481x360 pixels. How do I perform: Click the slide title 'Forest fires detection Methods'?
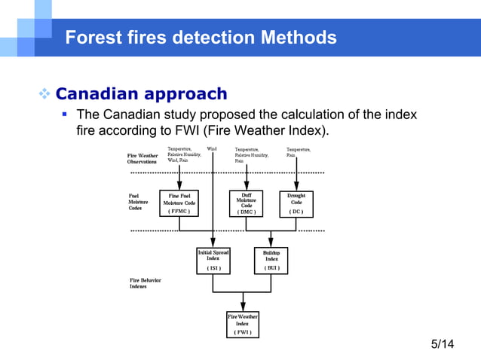[x=201, y=37]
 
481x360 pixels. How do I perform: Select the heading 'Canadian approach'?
[x=141, y=94]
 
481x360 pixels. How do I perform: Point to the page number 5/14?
[x=443, y=344]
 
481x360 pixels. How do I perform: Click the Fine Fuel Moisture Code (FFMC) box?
[x=179, y=203]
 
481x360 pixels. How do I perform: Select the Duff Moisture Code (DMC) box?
[x=247, y=203]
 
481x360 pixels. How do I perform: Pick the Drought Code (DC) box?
[x=296, y=203]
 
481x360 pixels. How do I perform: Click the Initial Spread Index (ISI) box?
[x=213, y=260]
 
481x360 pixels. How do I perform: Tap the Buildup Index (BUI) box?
[x=271, y=260]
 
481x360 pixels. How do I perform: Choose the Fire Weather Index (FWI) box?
[x=243, y=324]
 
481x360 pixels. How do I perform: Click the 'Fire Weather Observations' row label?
[x=142, y=158]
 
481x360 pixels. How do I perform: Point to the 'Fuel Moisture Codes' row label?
[x=139, y=202]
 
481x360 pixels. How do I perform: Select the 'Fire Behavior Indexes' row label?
[x=145, y=283]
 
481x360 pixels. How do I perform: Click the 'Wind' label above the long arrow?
[x=212, y=149]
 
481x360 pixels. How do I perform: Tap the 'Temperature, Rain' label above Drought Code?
[x=299, y=152]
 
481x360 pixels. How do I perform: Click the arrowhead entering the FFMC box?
[x=179, y=186]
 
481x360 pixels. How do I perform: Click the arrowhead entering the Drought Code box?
[x=296, y=186]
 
